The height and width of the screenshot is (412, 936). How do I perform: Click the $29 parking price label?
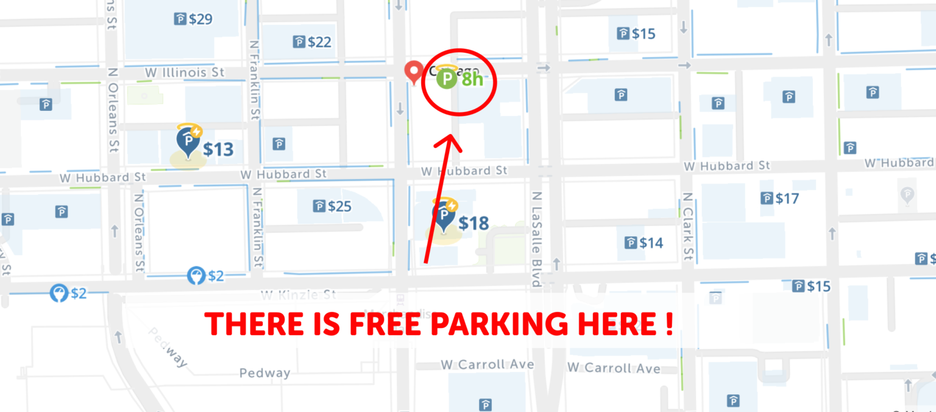[194, 20]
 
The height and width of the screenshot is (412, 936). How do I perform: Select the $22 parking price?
[313, 42]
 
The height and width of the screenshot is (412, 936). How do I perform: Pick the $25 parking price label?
[333, 207]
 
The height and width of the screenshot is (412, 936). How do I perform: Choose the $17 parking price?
[780, 199]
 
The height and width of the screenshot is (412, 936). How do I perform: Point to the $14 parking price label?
[645, 243]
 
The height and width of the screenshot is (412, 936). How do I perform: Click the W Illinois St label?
[185, 73]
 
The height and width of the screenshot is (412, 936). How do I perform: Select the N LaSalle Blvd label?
[536, 240]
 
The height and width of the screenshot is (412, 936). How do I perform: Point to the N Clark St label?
[687, 227]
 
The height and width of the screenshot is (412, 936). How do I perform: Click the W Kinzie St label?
[299, 296]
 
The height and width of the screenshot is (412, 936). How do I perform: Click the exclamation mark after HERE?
[669, 325]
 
